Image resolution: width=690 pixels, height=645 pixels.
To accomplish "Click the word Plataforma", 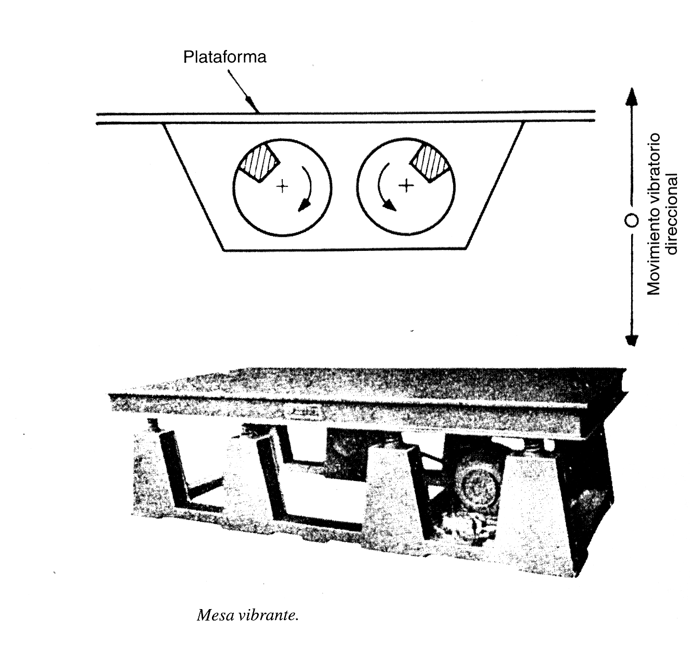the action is (x=225, y=57).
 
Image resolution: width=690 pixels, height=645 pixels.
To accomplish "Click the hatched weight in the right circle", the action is (x=431, y=163).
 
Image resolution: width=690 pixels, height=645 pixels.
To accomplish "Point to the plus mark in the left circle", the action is (x=282, y=186).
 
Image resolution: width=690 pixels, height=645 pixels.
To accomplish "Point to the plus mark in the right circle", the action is (x=406, y=185).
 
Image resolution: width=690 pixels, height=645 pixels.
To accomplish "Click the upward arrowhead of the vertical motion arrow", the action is (x=632, y=96).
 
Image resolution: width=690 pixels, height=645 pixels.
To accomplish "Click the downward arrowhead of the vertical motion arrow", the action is (x=632, y=340).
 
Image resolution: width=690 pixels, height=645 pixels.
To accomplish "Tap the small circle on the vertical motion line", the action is (x=632, y=220).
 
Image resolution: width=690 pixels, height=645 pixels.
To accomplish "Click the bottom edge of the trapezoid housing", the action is (x=344, y=249).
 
